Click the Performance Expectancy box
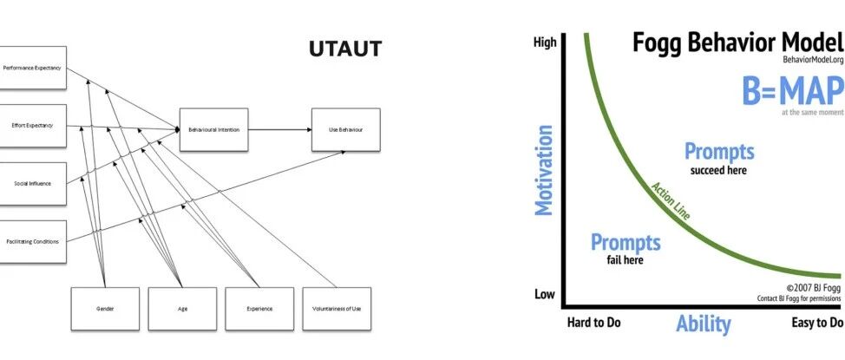pyautogui.click(x=32, y=67)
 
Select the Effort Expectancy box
pyautogui.click(x=32, y=126)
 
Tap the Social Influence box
pyautogui.click(x=32, y=184)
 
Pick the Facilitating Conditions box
pyautogui.click(x=32, y=241)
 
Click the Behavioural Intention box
pyautogui.click(x=214, y=129)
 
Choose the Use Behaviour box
pyautogui.click(x=345, y=129)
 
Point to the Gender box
pyautogui.click(x=104, y=308)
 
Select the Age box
pyautogui.click(x=181, y=308)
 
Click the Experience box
pyautogui.click(x=259, y=308)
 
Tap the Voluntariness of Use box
pyautogui.click(x=336, y=308)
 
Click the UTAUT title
pyautogui.click(x=344, y=49)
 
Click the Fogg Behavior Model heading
pyautogui.click(x=737, y=43)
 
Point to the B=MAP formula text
pyautogui.click(x=792, y=91)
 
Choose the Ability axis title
pyautogui.click(x=704, y=324)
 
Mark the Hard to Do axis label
pyautogui.click(x=593, y=324)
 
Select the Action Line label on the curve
pyautogui.click(x=671, y=203)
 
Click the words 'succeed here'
pyautogui.click(x=718, y=170)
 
